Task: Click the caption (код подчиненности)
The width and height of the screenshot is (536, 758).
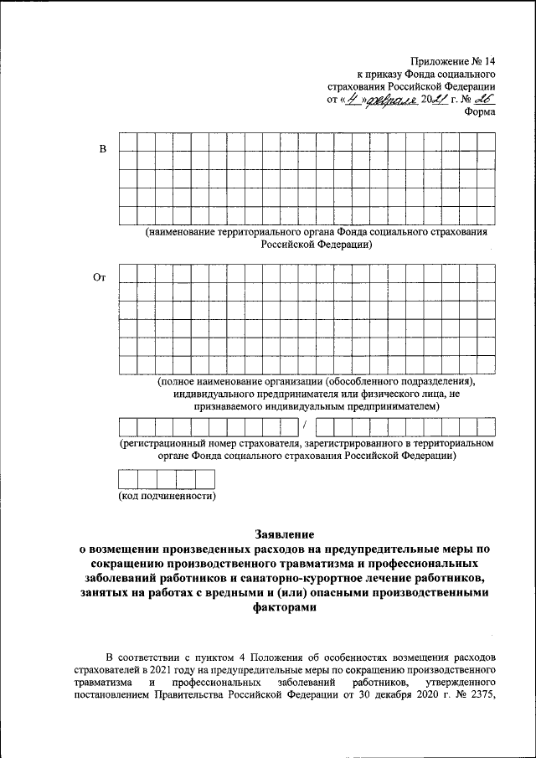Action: coord(167,497)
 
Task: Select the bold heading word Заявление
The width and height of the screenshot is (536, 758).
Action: coord(285,534)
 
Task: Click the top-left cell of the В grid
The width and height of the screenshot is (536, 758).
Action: coord(127,142)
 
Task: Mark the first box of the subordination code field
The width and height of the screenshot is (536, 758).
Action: coord(127,479)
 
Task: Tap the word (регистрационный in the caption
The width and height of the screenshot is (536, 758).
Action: coord(163,443)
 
